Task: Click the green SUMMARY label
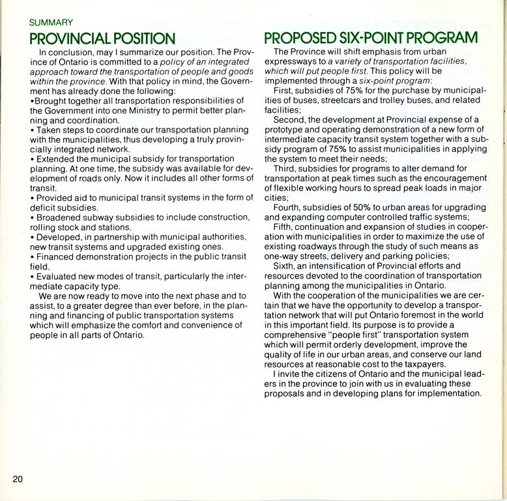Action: [x=51, y=22]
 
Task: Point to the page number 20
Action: [x=18, y=479]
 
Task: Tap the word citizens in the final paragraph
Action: [x=334, y=374]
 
